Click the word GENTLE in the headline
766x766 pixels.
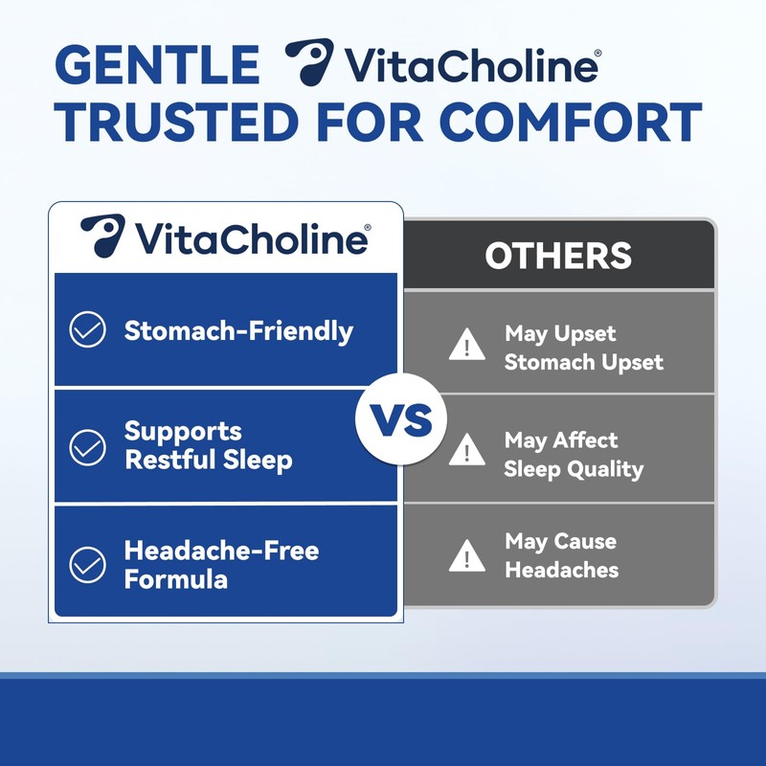click(157, 64)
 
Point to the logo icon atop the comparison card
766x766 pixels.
click(102, 236)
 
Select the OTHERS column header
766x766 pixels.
click(558, 256)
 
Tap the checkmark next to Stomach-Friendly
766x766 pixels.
click(88, 331)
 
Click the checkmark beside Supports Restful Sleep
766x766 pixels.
click(88, 447)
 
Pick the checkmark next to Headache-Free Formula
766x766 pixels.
click(88, 564)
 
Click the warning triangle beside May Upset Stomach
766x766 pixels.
click(467, 346)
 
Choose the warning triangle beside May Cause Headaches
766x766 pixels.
click(467, 554)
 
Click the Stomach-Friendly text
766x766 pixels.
click(238, 331)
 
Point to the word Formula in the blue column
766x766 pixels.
click(175, 579)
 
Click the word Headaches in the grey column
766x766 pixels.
click(562, 570)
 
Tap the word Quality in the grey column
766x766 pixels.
click(609, 469)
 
